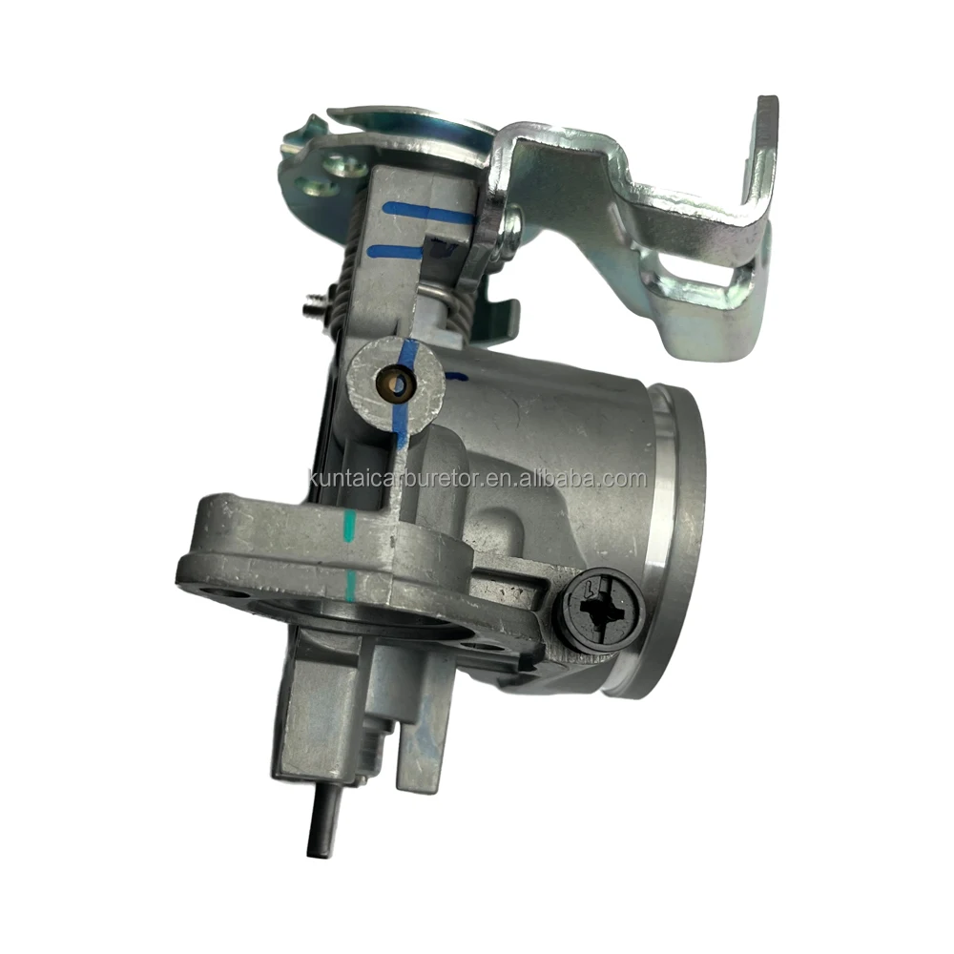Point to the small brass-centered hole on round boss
point(399,385)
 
